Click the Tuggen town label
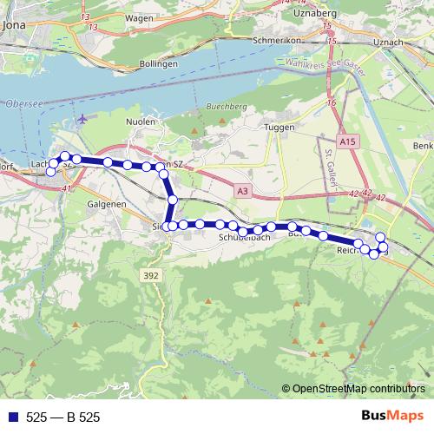279,127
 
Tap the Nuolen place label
141,122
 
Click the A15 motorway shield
349,141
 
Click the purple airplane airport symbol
82,119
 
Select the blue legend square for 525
12,418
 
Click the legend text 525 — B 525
63,418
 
